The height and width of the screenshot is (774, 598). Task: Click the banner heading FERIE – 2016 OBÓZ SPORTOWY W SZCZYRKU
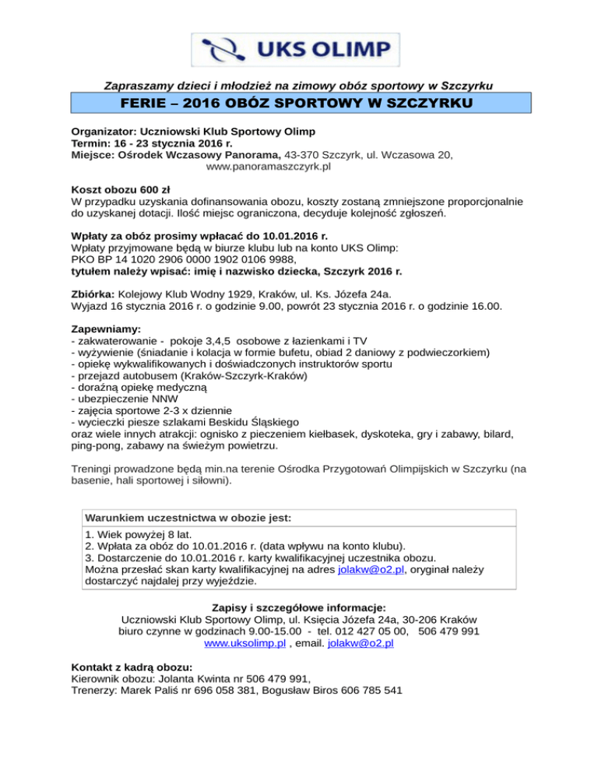299,103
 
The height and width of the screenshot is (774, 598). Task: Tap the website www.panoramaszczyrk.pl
269,166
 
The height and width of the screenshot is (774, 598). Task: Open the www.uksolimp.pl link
241,644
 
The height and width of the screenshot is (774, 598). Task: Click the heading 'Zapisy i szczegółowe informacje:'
299,607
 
